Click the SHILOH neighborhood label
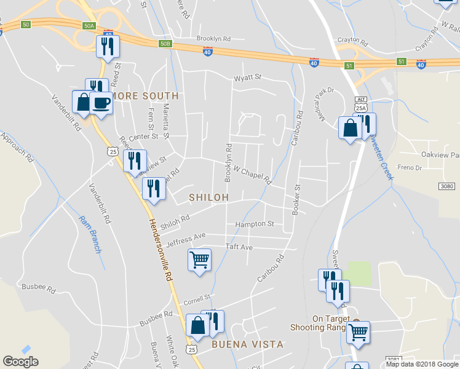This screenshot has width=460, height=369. coord(209,197)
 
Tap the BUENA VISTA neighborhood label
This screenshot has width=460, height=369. coord(247,344)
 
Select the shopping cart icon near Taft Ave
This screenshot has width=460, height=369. coord(200,260)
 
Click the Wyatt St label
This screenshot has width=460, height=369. coord(247,78)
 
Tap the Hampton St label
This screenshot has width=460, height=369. coord(254,224)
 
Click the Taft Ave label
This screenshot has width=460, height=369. coord(239,247)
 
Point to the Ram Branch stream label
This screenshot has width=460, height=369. coord(89,234)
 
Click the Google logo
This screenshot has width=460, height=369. coord(20,362)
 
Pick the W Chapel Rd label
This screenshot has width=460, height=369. coord(252,173)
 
